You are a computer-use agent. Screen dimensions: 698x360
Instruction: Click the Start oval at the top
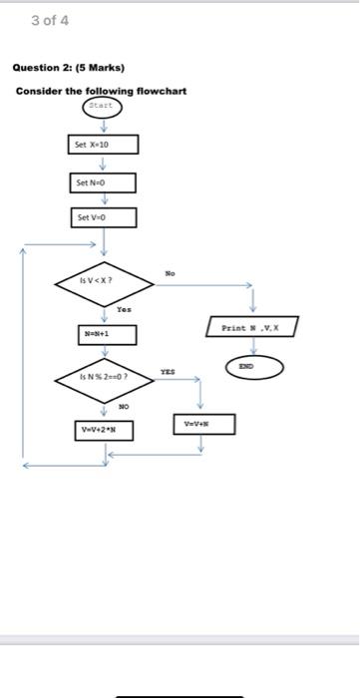click(x=103, y=106)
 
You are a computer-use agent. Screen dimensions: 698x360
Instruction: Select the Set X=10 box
click(x=103, y=146)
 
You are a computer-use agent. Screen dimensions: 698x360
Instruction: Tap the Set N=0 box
click(x=103, y=183)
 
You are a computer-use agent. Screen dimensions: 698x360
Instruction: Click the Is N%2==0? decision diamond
click(x=103, y=379)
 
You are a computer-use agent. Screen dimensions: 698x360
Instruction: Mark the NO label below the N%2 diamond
click(x=125, y=407)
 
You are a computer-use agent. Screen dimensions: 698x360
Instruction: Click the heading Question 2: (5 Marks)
click(x=68, y=68)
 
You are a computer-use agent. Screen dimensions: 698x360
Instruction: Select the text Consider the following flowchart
click(x=101, y=91)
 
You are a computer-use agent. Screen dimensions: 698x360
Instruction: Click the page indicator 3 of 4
click(x=50, y=20)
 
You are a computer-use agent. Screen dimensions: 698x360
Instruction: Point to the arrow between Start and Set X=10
click(x=103, y=125)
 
